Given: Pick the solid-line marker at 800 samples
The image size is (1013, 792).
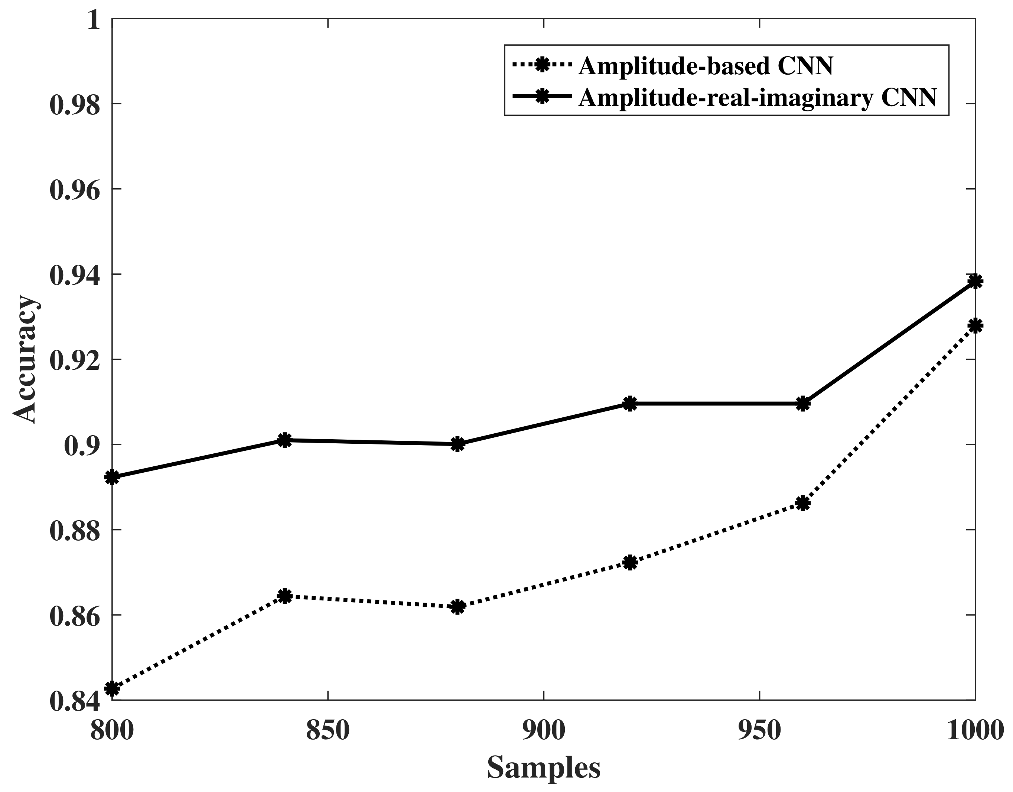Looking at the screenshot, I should (x=112, y=477).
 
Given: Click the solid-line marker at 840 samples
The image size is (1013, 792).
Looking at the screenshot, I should (x=285, y=440).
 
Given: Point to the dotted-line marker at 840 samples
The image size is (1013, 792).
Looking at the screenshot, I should (x=285, y=596).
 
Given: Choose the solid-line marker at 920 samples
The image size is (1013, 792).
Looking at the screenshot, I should (x=630, y=403).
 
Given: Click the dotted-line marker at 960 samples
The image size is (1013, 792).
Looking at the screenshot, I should (x=803, y=503).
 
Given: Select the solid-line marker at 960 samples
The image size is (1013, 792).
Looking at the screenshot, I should (x=803, y=403).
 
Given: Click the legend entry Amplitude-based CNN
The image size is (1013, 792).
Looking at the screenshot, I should (x=706, y=66).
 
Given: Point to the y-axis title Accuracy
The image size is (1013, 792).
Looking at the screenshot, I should (x=24, y=360).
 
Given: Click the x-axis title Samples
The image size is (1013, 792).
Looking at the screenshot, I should (x=543, y=768).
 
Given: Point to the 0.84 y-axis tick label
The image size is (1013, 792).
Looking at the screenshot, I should (x=75, y=701).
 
